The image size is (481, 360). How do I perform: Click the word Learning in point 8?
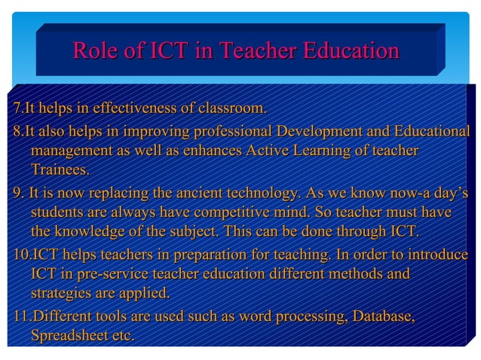click(x=315, y=151)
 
